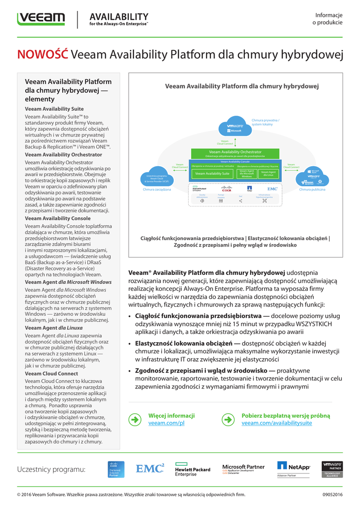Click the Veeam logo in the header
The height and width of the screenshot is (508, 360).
41,19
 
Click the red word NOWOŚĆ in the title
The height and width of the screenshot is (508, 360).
42,55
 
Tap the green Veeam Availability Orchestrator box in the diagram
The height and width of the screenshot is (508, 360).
235,153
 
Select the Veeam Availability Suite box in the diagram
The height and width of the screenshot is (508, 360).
212,174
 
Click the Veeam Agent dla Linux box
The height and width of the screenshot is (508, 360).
269,173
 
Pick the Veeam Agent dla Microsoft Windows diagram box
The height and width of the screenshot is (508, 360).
246,173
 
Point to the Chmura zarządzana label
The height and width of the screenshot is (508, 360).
157,190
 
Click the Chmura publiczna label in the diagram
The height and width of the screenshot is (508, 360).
312,190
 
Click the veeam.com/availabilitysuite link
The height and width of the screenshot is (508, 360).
277,423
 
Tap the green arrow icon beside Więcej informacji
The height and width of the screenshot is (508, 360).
135,420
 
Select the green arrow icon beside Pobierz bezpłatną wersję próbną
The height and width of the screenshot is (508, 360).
227,420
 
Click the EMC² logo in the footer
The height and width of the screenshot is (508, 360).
150,468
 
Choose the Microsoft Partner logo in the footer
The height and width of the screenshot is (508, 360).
243,469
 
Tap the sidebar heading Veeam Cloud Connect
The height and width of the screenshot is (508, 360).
51,374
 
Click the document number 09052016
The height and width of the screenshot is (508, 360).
332,495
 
